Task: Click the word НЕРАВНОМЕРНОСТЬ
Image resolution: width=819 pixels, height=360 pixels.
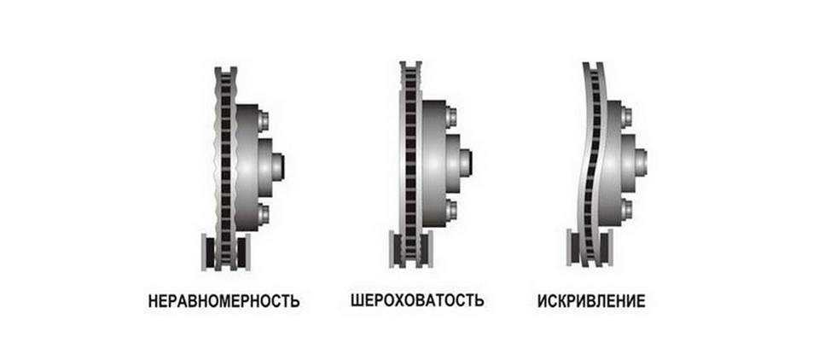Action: pyautogui.click(x=224, y=301)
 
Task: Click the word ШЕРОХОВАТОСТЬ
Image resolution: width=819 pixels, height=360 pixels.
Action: pyautogui.click(x=417, y=300)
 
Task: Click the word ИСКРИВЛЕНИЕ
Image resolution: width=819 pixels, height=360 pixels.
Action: pyautogui.click(x=591, y=301)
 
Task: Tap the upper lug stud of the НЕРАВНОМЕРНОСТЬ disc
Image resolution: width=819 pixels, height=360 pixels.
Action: pyautogui.click(x=264, y=121)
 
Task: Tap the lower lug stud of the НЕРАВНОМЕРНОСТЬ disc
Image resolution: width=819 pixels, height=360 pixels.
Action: pyautogui.click(x=264, y=212)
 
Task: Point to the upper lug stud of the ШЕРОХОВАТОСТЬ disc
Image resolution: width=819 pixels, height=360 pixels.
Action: pyautogui.click(x=450, y=118)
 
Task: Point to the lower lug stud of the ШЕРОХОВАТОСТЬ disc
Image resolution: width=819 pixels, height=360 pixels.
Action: pyautogui.click(x=450, y=210)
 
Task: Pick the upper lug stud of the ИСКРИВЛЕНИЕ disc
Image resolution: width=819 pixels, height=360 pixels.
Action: pyautogui.click(x=625, y=118)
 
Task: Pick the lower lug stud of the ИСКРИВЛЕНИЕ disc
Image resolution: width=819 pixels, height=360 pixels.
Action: pyautogui.click(x=625, y=210)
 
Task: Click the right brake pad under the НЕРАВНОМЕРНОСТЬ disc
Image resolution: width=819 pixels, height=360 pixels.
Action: pyautogui.click(x=243, y=252)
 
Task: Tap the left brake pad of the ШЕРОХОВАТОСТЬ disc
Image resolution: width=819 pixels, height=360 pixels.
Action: pyautogui.click(x=396, y=249)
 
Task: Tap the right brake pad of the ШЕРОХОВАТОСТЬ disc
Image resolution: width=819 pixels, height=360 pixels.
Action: pyautogui.click(x=426, y=249)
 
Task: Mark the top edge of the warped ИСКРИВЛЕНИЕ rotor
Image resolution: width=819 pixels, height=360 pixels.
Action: pyautogui.click(x=593, y=64)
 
